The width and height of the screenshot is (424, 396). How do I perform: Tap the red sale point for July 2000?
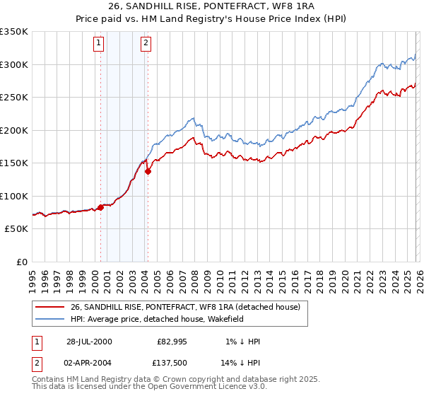(x=100, y=207)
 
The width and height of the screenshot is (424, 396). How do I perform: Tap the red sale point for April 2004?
(x=148, y=171)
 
